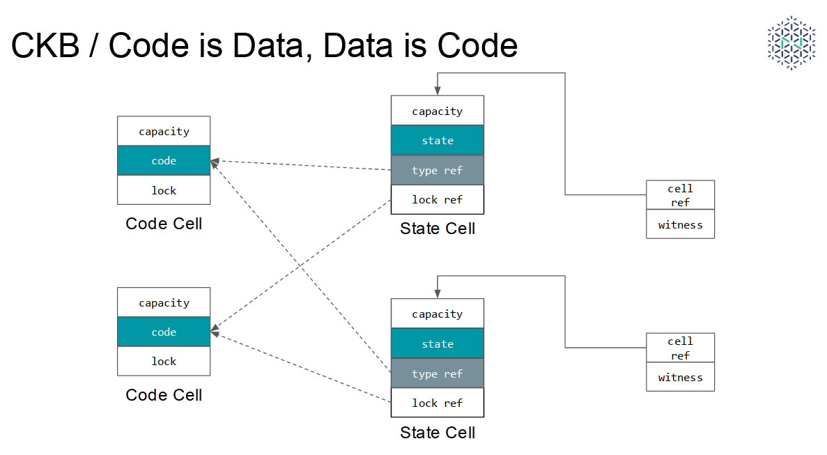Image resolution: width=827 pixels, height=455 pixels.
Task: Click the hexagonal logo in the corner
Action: coord(791,43)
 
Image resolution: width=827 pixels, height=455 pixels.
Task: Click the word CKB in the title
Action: coord(45,45)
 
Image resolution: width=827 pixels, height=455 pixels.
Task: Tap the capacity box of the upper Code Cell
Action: coord(164,131)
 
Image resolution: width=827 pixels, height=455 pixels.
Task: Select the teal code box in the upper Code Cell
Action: coord(164,160)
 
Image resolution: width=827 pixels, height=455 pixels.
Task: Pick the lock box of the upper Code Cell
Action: coord(164,190)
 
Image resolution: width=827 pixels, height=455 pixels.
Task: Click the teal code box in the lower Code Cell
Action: coord(164,332)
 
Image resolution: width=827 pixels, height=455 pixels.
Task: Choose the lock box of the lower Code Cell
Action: coord(164,361)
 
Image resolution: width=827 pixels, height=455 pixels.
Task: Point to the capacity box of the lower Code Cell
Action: coord(164,302)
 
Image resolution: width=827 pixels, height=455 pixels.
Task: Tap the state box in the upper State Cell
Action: coord(438,140)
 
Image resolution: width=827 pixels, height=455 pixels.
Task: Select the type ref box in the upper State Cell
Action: coord(438,170)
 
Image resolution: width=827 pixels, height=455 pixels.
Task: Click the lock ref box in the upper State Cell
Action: coord(438,199)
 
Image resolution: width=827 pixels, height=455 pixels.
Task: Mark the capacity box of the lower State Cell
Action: coord(438,314)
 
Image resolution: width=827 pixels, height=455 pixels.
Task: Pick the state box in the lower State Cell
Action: coord(438,344)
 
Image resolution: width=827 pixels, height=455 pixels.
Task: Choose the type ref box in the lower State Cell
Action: coord(438,373)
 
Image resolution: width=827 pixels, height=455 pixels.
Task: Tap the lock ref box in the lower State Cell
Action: coord(438,403)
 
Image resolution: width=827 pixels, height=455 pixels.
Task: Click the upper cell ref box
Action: coord(681,195)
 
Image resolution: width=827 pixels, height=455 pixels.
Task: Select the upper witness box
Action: coord(681,224)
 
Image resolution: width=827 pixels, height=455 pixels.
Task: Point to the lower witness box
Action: coord(681,377)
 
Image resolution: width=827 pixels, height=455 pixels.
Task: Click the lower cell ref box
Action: coord(681,348)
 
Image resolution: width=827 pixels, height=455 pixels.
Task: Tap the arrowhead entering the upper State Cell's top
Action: coord(438,91)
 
